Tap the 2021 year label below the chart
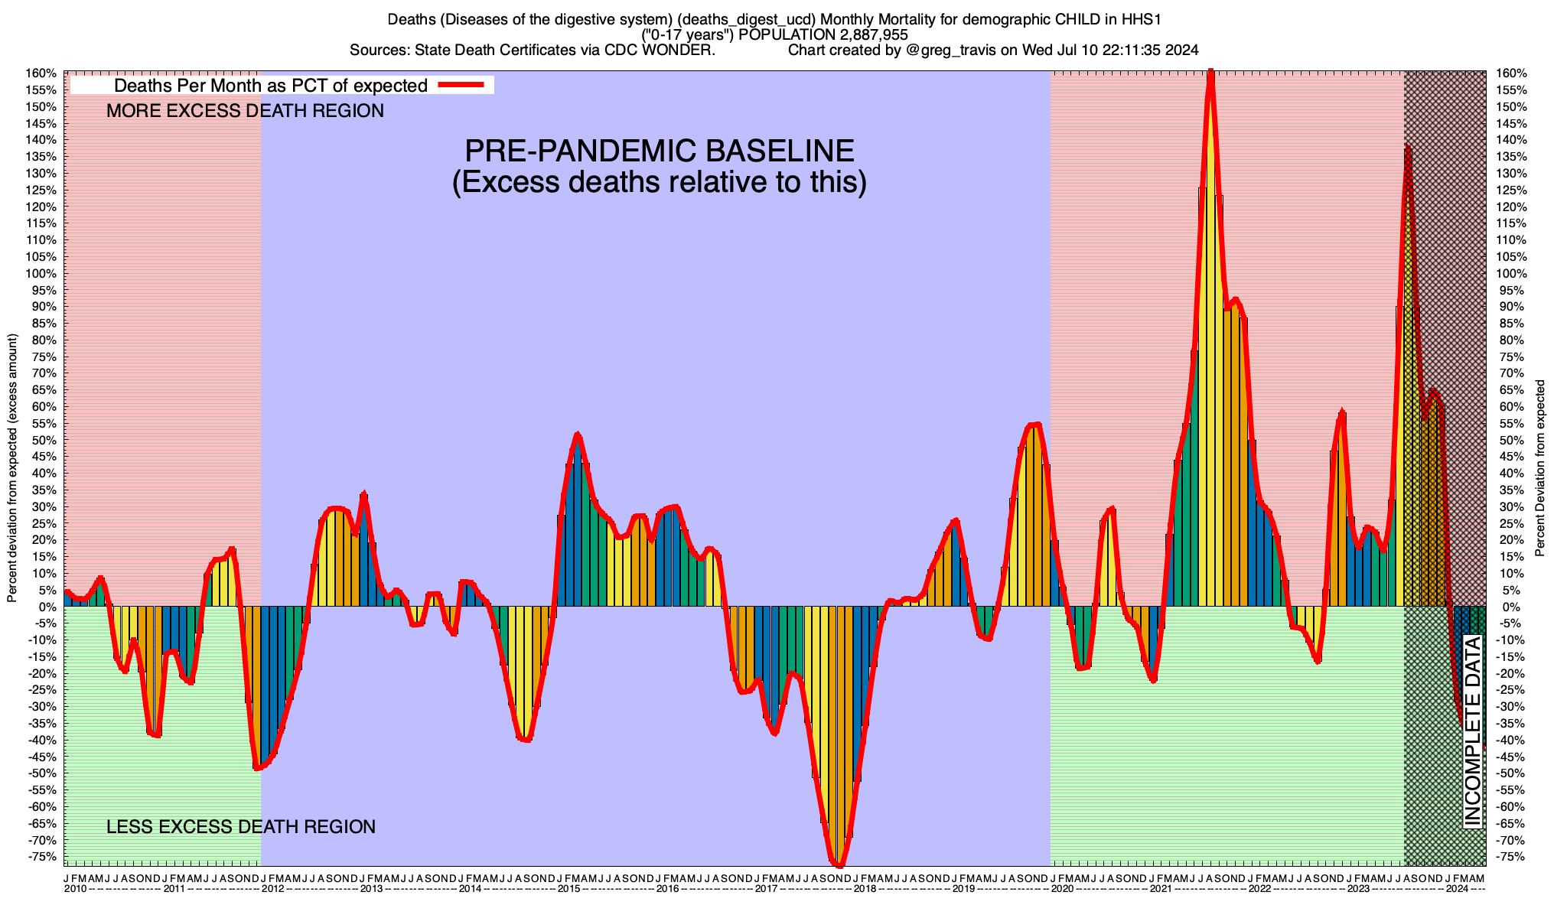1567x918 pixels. coord(1161,889)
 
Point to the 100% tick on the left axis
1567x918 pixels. coord(43,274)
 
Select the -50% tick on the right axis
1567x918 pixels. coord(1504,773)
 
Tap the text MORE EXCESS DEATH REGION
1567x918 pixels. coord(245,111)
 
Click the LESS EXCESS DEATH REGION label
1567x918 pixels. coord(241,827)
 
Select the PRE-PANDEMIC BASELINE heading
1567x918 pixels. coord(660,151)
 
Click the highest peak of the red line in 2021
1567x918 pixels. coord(1210,73)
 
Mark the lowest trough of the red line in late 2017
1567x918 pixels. coord(839,865)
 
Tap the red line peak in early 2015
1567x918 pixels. coord(578,435)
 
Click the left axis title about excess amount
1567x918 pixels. coord(12,468)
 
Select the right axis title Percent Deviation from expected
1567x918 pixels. coord(1539,468)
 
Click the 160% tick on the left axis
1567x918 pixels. coord(43,73)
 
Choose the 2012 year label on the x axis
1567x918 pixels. coord(272,889)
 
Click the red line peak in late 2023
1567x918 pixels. coord(1408,147)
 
